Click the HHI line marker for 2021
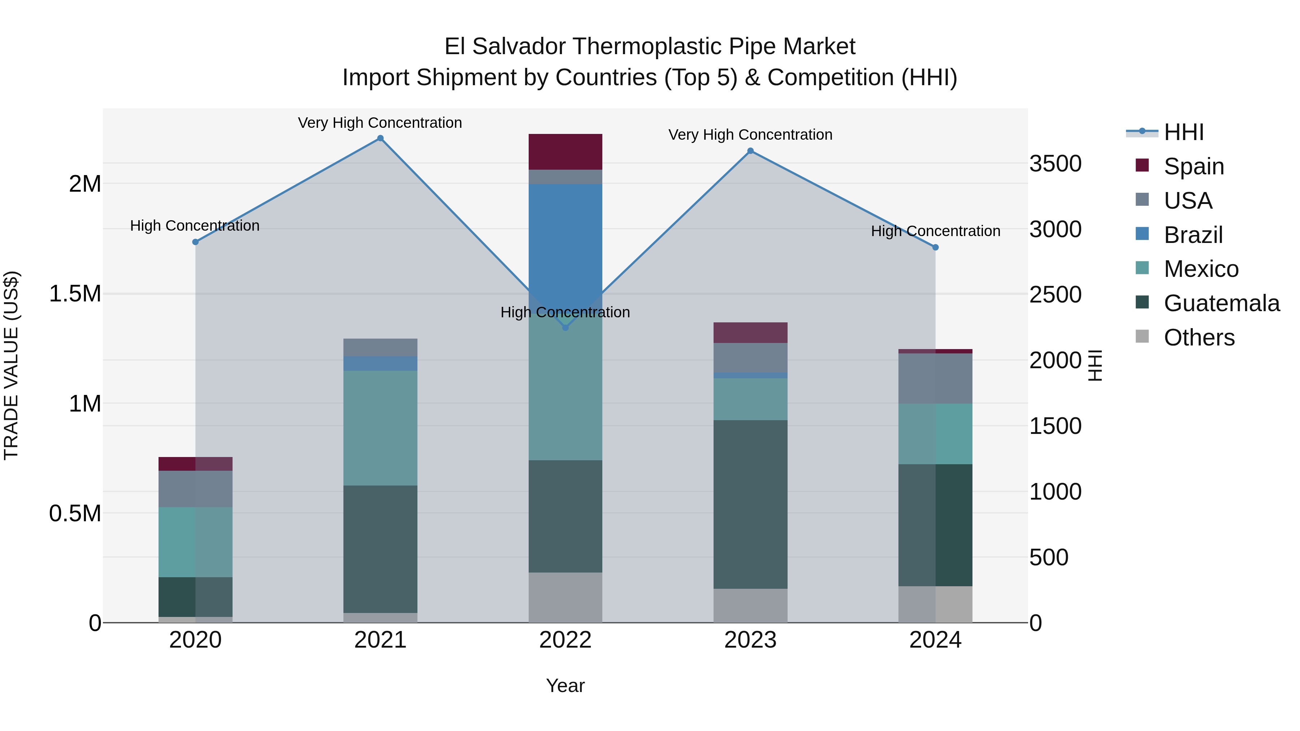point(381,138)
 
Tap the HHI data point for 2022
point(565,327)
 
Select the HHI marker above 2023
point(750,151)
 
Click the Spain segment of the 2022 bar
point(565,151)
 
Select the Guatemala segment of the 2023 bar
point(750,505)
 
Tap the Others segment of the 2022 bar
point(565,597)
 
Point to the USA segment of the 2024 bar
point(935,378)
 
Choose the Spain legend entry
point(1193,166)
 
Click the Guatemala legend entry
point(1221,303)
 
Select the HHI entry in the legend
point(1183,132)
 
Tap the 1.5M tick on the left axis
point(75,293)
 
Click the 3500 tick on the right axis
point(1055,164)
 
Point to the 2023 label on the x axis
point(750,640)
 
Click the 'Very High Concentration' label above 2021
point(380,123)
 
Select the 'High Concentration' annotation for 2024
point(935,231)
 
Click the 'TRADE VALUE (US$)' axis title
point(11,365)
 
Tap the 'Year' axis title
point(565,686)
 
